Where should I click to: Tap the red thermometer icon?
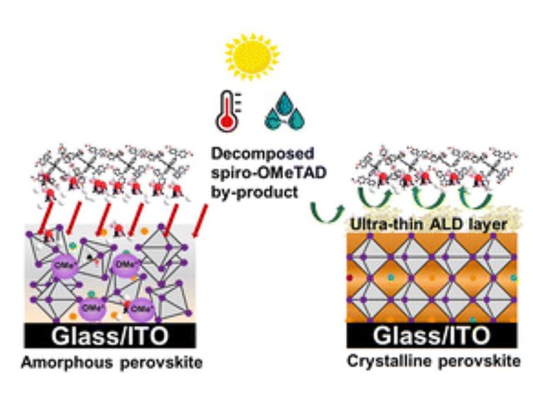[x=226, y=117]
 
